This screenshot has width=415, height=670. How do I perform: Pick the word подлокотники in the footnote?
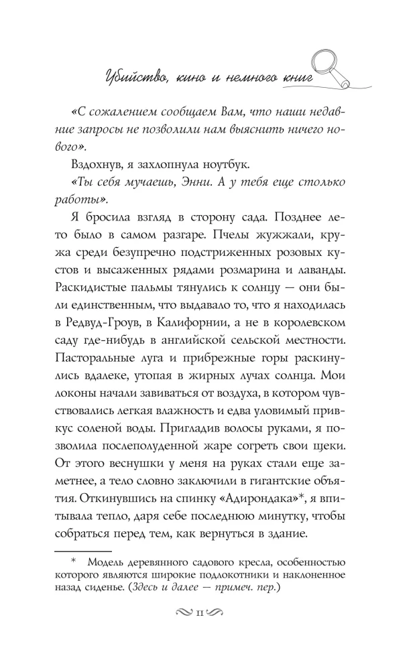[251, 576]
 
